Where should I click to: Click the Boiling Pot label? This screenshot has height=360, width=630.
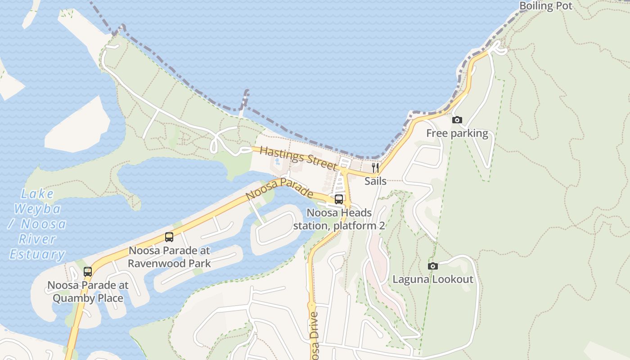tap(545, 6)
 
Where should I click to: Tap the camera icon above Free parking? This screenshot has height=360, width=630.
tap(457, 120)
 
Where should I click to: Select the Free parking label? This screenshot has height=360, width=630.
tap(457, 133)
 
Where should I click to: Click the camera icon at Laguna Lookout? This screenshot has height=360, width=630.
tap(432, 266)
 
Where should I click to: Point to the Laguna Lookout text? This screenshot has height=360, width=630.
tap(433, 279)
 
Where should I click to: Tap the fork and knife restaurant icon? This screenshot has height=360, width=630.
tap(375, 168)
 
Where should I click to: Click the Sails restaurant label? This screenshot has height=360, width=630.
tap(375, 181)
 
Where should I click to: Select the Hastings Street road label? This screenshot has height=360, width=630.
tap(298, 158)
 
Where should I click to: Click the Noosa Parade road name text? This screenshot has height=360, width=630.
tap(279, 189)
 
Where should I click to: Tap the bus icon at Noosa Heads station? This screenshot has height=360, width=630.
tap(339, 199)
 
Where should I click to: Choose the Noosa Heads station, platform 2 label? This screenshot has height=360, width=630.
tap(339, 219)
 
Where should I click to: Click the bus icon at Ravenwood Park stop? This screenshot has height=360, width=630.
tap(169, 237)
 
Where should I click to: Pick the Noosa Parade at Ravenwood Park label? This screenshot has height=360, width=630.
tap(169, 256)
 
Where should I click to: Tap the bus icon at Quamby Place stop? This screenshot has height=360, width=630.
tap(88, 271)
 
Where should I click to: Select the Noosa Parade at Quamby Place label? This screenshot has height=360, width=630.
tap(88, 292)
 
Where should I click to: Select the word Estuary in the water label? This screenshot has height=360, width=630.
tap(37, 254)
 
